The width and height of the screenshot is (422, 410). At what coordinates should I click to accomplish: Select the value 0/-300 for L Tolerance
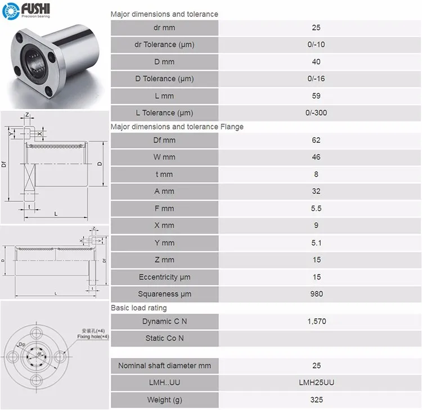tap(316, 112)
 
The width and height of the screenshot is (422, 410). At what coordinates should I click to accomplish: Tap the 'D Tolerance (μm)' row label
tap(164, 79)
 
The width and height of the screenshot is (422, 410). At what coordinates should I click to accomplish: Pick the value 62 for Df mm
tap(316, 140)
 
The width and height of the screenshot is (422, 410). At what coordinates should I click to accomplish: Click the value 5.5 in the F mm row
tap(316, 208)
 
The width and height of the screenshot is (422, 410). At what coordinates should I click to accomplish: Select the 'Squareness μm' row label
tap(164, 294)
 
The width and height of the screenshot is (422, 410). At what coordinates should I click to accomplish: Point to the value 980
tap(316, 294)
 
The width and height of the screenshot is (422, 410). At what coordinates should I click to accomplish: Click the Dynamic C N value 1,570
tap(316, 321)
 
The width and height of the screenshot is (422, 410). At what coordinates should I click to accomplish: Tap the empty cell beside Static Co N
tap(316, 338)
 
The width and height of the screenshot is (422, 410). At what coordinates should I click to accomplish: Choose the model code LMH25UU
tap(316, 382)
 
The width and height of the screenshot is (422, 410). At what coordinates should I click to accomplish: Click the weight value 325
tap(316, 400)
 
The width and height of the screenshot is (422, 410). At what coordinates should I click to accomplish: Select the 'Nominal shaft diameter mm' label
tap(164, 366)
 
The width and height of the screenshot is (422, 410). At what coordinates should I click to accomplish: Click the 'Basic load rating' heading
tap(138, 308)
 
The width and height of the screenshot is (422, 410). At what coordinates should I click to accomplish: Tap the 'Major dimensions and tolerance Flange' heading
tap(177, 127)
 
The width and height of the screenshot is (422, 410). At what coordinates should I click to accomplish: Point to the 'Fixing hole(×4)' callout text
tap(93, 336)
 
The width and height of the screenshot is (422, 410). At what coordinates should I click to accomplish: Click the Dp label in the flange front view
tap(22, 344)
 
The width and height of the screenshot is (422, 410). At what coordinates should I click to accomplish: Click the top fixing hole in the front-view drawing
tap(38, 328)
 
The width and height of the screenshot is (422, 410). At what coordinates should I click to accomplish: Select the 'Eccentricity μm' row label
tap(164, 277)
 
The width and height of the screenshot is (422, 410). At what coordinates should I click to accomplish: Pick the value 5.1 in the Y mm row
tap(316, 242)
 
